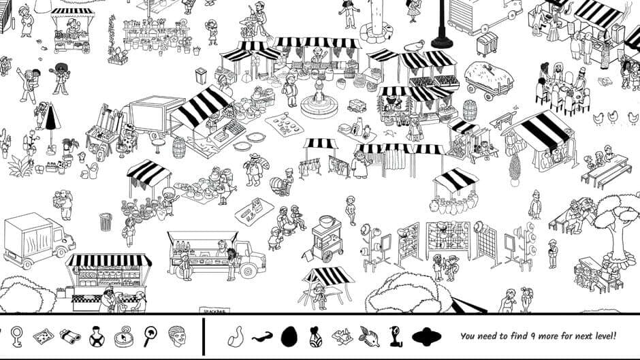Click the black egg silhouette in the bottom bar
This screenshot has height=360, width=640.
point(289,335)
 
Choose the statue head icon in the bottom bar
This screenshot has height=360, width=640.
point(176,335)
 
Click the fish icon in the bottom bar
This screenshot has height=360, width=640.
point(369,335)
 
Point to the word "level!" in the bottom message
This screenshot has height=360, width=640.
point(602,336)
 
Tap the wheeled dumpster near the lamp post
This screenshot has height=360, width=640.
point(486,44)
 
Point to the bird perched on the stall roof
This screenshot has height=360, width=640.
point(413,46)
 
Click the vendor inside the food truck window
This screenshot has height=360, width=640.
point(222,246)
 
